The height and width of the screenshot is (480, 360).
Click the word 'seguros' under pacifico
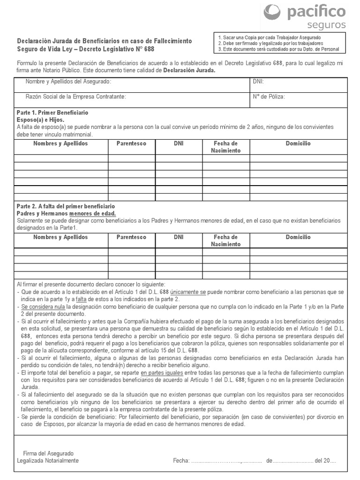pyautogui.click(x=327, y=25)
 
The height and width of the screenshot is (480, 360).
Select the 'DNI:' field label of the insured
pyautogui.click(x=258, y=82)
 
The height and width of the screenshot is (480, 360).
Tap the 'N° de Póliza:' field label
pyautogui.click(x=269, y=97)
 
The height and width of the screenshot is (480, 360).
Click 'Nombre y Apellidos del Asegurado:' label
pyautogui.click(x=68, y=82)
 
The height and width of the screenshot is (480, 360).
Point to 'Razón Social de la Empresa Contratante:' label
pyautogui.click(x=76, y=97)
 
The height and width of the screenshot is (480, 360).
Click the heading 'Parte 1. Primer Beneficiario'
pyautogui.click(x=52, y=113)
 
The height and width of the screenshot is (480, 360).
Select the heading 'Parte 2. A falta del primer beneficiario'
pyautogui.click(x=66, y=206)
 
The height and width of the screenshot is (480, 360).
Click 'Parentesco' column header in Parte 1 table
pyautogui.click(x=131, y=143)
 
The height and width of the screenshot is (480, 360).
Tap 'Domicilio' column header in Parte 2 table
pyautogui.click(x=298, y=237)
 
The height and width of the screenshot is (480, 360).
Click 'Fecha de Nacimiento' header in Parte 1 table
pyautogui.click(x=225, y=147)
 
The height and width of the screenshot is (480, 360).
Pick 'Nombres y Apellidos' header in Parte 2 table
pyautogui.click(x=60, y=237)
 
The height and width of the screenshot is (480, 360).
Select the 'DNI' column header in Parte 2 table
pyautogui.click(x=179, y=237)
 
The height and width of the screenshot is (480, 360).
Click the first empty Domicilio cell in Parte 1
pyautogui.click(x=298, y=158)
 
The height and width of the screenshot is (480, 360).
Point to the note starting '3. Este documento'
pyautogui.click(x=274, y=48)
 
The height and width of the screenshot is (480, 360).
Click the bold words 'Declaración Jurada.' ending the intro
pyautogui.click(x=189, y=70)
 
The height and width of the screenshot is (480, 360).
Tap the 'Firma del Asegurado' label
pyautogui.click(x=48, y=453)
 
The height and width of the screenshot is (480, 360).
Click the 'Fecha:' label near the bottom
pyautogui.click(x=180, y=460)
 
